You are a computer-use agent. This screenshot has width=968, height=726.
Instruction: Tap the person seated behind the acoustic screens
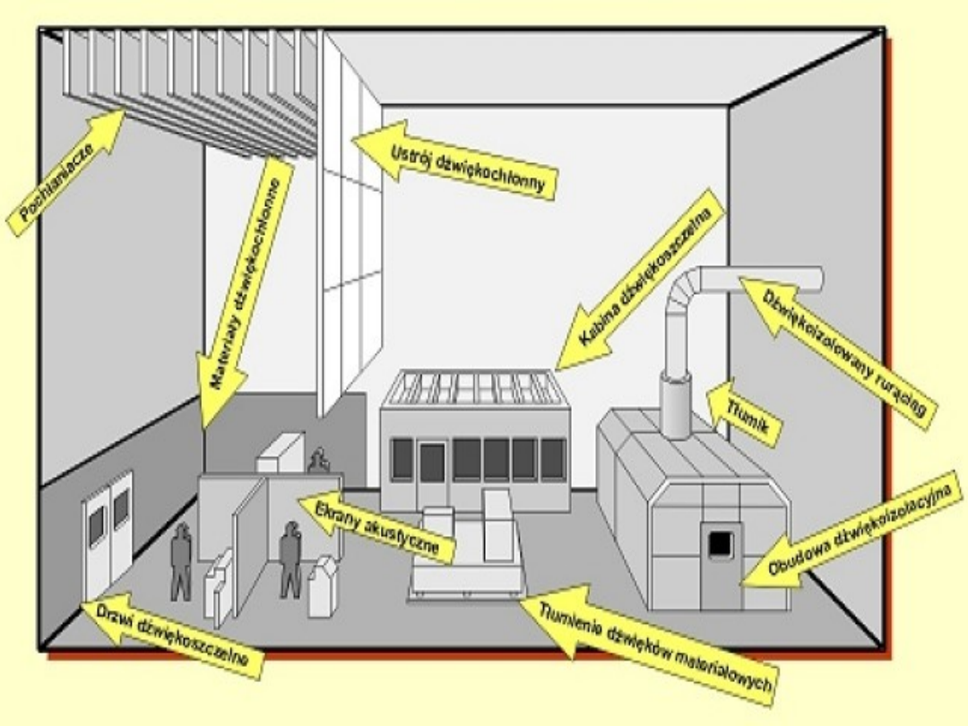[316, 461]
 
